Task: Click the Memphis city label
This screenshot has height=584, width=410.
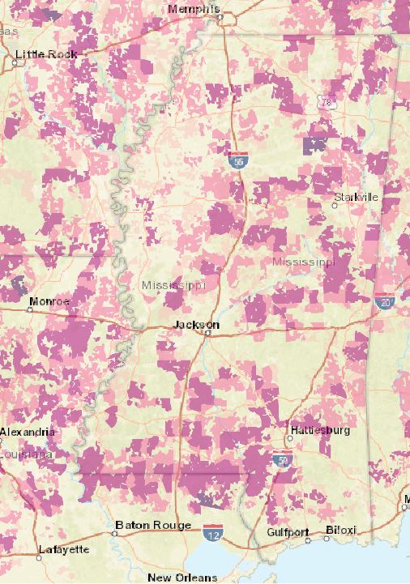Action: (194, 9)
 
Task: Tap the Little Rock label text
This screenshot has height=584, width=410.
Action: (46, 54)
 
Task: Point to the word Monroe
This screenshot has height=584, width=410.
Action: (49, 302)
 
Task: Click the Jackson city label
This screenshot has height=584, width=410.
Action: (197, 324)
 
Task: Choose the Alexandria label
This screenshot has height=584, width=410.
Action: (28, 433)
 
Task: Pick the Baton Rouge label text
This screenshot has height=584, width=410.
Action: (153, 525)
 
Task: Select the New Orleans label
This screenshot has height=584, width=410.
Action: (182, 578)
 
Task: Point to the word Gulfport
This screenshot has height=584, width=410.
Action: (288, 532)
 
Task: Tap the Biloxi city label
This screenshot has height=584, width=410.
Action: (340, 531)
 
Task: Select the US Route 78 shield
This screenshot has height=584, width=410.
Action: (327, 103)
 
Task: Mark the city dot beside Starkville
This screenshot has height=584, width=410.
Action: (334, 206)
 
